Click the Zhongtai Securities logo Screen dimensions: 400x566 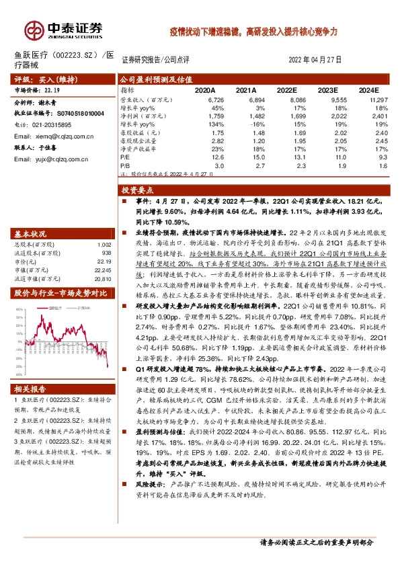coord(65,29)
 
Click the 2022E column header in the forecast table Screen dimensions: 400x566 coord(286,89)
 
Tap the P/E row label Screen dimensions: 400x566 coord(125,157)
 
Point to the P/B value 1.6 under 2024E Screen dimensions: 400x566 coord(384,165)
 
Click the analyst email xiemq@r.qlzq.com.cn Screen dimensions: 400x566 coord(55,136)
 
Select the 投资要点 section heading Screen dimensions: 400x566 coord(141,190)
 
